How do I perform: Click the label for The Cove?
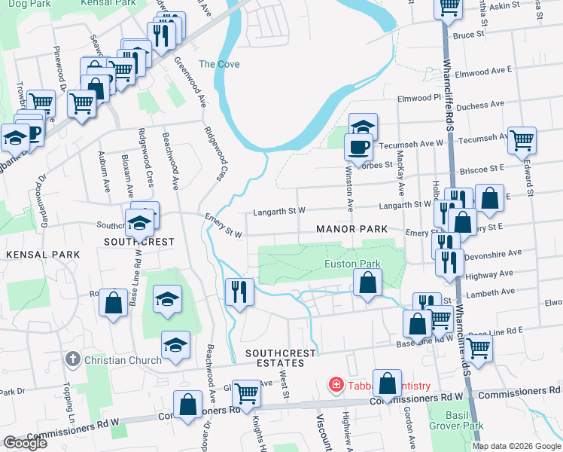[218, 64]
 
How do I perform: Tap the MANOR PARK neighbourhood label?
[351, 228]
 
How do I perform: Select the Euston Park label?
[352, 264]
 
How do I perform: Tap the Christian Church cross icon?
[73, 359]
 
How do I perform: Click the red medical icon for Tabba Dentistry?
[335, 385]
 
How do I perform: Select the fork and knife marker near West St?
[239, 291]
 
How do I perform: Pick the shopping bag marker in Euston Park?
[367, 284]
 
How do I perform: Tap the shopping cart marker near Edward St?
[521, 139]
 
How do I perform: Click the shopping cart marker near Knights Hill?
[245, 392]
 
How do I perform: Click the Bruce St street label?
[467, 35]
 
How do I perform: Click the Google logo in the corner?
[25, 443]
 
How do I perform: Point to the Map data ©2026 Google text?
[516, 446]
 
